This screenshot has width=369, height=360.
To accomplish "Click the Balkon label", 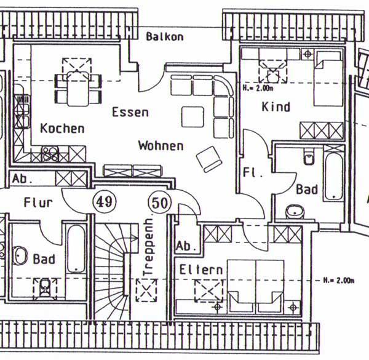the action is click(x=165, y=37).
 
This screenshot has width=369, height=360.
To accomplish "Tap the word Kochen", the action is click(x=62, y=129).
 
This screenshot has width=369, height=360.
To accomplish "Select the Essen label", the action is click(x=130, y=113).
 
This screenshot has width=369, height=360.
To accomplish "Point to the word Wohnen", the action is click(x=161, y=146).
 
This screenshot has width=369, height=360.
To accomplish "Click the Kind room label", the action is click(x=276, y=107).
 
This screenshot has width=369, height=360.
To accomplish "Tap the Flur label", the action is click(x=38, y=202).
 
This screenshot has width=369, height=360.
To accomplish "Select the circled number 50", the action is click(x=159, y=201).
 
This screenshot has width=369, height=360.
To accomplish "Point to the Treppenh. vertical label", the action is click(x=148, y=247).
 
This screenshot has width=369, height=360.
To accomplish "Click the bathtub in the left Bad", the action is click(x=76, y=249).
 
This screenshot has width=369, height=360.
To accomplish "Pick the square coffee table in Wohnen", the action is click(x=193, y=117).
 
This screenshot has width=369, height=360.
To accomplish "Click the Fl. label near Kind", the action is click(x=253, y=172).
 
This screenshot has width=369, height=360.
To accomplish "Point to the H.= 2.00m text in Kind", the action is click(x=258, y=88).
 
